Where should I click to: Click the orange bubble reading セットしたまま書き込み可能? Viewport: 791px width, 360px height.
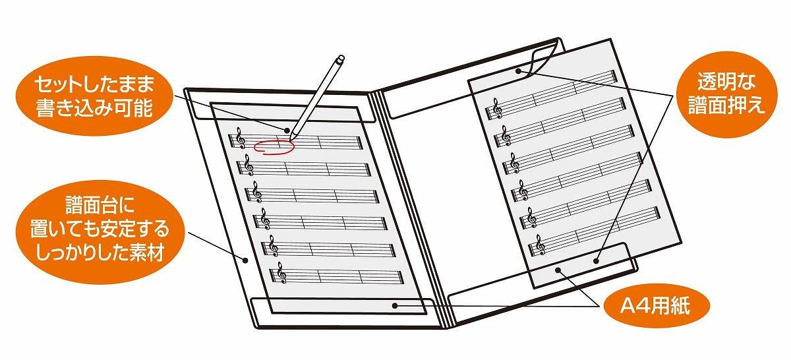point(95,96)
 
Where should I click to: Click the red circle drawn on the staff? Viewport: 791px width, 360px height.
point(274,147)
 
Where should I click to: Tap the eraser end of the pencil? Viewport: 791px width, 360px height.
point(340,59)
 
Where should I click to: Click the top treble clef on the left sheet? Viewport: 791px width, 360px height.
point(241,138)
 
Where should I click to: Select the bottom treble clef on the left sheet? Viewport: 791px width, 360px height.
point(282,273)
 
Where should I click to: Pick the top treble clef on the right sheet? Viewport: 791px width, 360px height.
point(498,108)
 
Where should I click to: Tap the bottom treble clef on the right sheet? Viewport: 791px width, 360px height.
point(541,245)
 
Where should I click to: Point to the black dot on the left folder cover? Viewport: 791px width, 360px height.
point(246,260)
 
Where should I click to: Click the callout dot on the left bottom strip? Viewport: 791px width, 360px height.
point(395,305)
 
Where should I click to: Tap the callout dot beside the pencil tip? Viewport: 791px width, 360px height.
point(287,131)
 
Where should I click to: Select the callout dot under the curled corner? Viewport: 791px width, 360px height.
point(518,71)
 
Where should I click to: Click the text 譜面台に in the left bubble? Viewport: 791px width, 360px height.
point(100,204)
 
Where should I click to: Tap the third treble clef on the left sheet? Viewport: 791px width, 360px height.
point(257,192)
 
